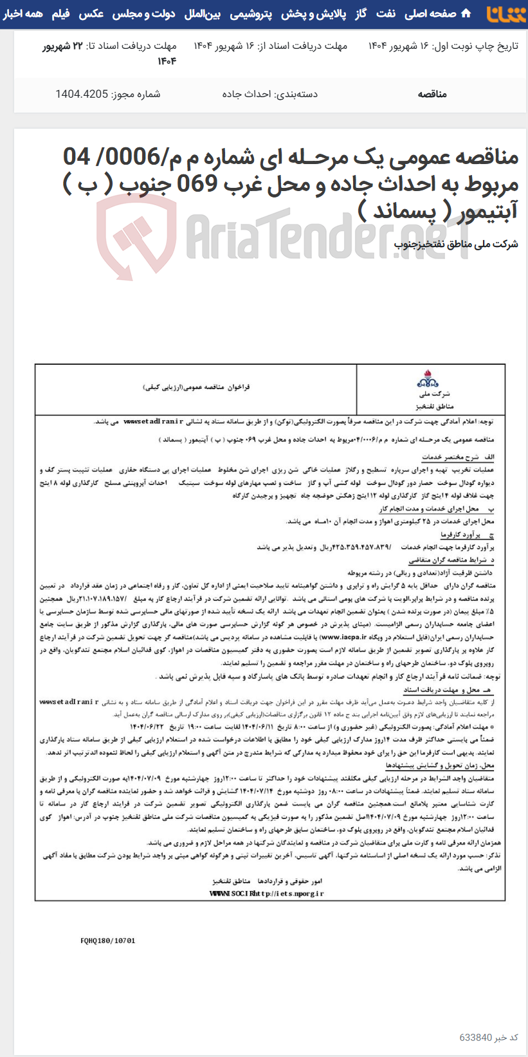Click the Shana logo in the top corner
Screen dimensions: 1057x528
click(x=506, y=14)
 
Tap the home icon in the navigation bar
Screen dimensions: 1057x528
click(x=466, y=14)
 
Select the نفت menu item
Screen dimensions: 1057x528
click(x=387, y=14)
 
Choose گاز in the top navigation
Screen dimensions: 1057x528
click(x=360, y=14)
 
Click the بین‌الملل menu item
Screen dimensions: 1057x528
click(x=203, y=14)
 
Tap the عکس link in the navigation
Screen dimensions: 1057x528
click(x=91, y=14)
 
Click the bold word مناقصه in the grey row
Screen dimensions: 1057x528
click(x=432, y=94)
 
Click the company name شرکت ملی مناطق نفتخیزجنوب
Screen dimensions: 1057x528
click(x=456, y=244)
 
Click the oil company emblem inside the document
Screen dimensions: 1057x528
click(x=427, y=378)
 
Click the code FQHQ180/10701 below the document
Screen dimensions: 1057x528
click(x=108, y=940)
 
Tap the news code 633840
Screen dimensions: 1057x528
click(x=476, y=1038)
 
